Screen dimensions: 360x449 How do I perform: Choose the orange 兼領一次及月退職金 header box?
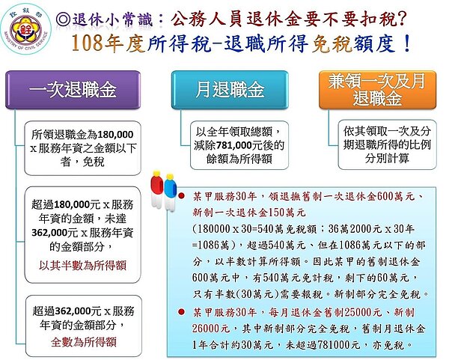click(x=373, y=90)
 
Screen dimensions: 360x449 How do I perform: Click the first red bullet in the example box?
click(x=182, y=196)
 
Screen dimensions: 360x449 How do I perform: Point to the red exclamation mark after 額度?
click(x=406, y=43)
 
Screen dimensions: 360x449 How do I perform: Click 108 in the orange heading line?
click(x=88, y=43)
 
